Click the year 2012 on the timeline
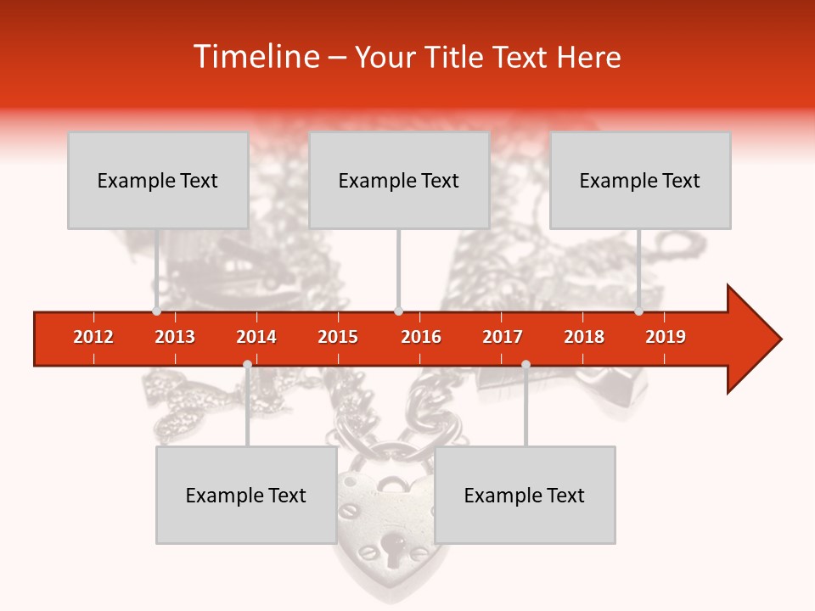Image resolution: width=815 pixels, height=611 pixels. [x=93, y=337]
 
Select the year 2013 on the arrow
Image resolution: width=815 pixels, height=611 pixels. [x=175, y=337]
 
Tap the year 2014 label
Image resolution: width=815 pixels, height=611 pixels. [x=256, y=337]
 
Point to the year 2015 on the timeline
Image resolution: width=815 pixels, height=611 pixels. [x=338, y=337]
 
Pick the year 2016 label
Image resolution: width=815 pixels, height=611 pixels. [x=421, y=337]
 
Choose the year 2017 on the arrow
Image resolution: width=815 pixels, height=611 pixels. [x=503, y=337]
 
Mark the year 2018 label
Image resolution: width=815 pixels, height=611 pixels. [x=584, y=337]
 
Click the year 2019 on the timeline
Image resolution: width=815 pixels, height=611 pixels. [x=666, y=337]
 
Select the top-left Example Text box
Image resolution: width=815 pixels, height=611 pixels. [x=158, y=180]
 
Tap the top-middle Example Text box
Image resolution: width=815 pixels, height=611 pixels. [x=399, y=180]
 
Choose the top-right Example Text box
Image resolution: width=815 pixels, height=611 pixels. [x=640, y=180]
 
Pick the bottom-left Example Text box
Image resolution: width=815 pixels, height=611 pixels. [x=246, y=495]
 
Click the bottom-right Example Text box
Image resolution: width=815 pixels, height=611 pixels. [x=525, y=495]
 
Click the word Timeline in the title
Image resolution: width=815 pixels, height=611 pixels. [x=255, y=57]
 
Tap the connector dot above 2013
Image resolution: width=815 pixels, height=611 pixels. [x=156, y=311]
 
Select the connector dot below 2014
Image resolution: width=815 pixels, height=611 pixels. [x=247, y=364]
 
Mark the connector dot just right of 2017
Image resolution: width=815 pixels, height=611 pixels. [x=526, y=364]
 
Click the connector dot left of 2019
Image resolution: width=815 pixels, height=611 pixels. [x=639, y=311]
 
